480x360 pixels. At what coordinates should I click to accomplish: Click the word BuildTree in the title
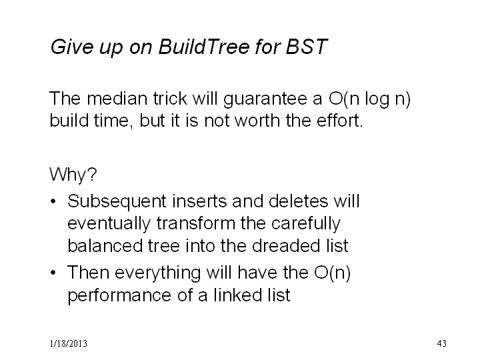coord(204,47)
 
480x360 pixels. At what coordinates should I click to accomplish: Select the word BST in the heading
coord(307,47)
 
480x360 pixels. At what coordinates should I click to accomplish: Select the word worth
coord(258,120)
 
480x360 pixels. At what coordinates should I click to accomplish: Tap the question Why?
coord(73,175)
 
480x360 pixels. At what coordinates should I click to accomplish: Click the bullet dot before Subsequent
coord(53,201)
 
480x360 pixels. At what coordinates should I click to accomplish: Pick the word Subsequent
coord(117,202)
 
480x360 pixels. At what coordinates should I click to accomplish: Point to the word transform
coord(195,223)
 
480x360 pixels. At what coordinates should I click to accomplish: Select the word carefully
coord(305,224)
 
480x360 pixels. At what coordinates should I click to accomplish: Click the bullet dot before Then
coord(53,272)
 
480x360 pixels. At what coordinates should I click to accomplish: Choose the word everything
coord(157,273)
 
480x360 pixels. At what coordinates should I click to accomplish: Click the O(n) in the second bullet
coord(333,273)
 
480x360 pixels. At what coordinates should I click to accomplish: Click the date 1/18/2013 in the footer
coord(68,343)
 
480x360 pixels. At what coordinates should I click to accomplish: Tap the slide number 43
coord(442,343)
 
